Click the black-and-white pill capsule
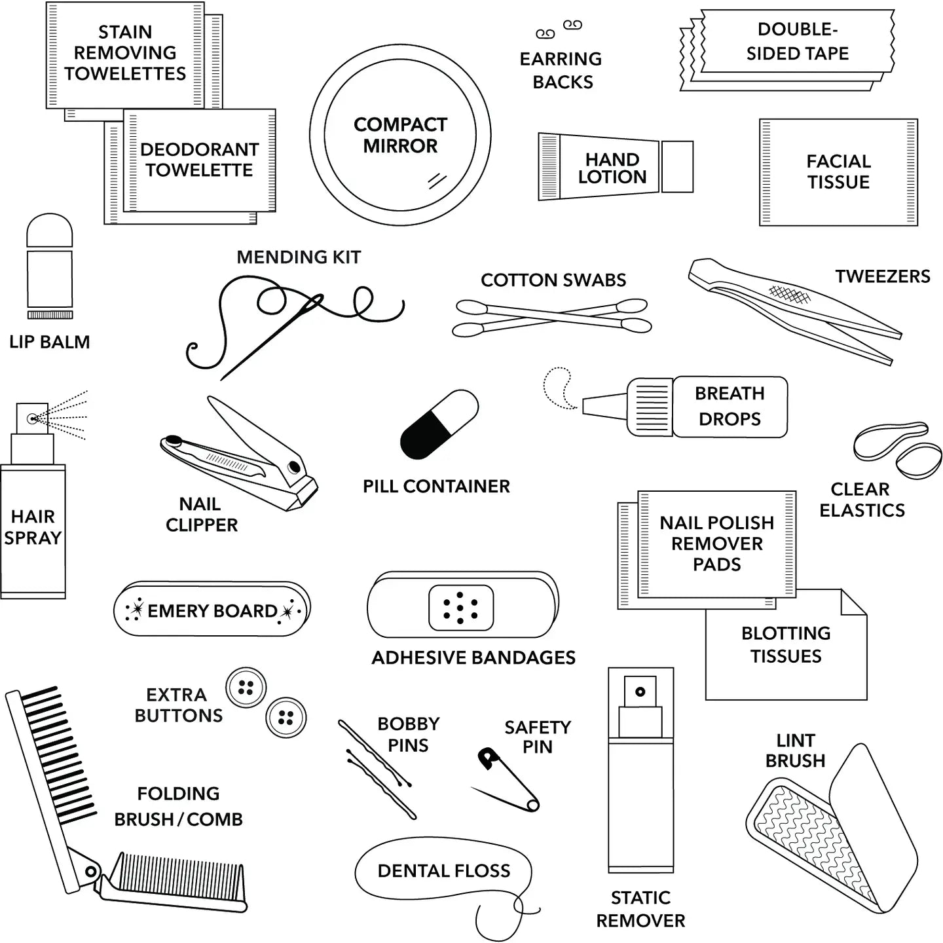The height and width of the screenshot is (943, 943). coord(439,424)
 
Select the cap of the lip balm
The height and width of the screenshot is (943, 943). coord(49,231)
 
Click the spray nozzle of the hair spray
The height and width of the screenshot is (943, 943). coord(31,417)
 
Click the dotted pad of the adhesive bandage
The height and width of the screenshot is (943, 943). coord(460,608)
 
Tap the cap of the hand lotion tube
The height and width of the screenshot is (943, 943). coord(676,166)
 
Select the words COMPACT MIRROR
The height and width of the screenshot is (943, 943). coord(400,135)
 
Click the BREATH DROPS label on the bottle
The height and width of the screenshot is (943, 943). coord(730,406)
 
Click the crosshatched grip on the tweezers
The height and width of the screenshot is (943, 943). coord(788,295)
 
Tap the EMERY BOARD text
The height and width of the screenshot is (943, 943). coord(212,611)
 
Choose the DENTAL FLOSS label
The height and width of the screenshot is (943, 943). coord(443,870)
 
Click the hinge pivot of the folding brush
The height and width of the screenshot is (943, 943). coord(90,872)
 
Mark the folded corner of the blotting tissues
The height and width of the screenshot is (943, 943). coord(853,602)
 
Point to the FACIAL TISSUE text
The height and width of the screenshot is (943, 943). coord(838,172)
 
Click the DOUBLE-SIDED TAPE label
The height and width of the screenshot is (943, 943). coord(797,41)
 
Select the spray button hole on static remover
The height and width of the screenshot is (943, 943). coord(640,692)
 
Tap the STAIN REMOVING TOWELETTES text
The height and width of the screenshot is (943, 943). coord(125,52)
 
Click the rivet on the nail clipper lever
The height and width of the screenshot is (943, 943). coord(293,467)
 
